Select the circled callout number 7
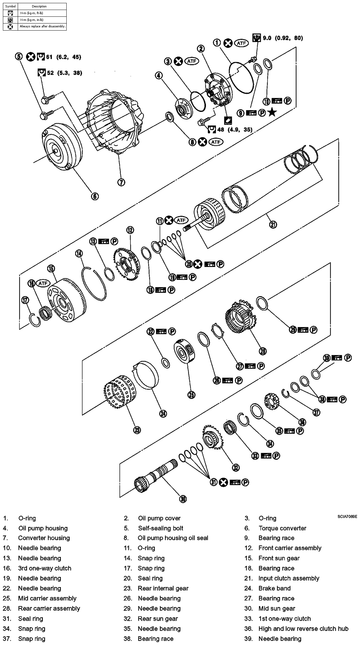click(x=121, y=182)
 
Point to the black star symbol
click(x=272, y=112)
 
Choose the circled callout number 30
click(x=183, y=499)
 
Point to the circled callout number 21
click(x=273, y=224)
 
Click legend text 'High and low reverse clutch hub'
click(x=303, y=628)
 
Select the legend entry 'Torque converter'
click(x=282, y=528)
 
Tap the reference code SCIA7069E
click(x=347, y=517)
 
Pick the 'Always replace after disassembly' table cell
click(x=42, y=26)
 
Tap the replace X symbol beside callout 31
click(x=223, y=482)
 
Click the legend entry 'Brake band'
click(x=274, y=588)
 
